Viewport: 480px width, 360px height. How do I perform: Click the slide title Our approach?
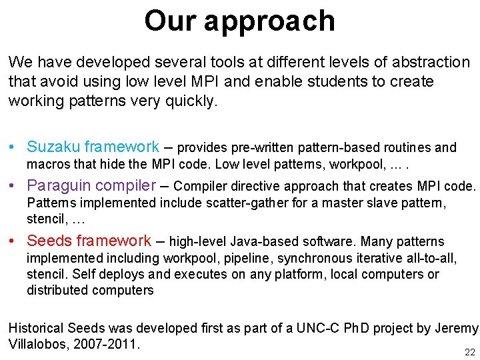tap(239, 21)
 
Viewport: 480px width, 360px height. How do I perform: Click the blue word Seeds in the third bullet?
tap(49, 241)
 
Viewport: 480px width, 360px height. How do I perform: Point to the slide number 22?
tap(470, 352)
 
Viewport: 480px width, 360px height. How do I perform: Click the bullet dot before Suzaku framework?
tap(13, 147)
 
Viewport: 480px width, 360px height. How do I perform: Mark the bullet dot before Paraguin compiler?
tap(13, 186)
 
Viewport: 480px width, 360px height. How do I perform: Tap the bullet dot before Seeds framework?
tap(13, 241)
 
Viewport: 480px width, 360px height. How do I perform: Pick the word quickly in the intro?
tap(193, 101)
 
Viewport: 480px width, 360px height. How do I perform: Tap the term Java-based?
tap(269, 241)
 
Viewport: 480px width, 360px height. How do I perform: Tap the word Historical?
tap(37, 328)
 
